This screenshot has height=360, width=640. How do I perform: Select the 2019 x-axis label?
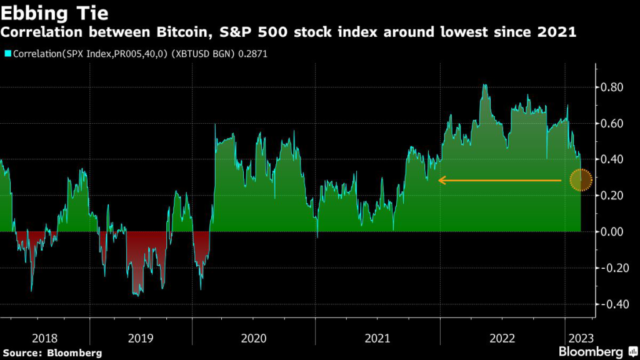tap(141, 338)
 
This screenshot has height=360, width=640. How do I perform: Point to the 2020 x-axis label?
tap(253, 338)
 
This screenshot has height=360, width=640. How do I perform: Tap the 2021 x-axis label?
tap(377, 338)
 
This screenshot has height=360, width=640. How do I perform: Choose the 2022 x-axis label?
tap(502, 338)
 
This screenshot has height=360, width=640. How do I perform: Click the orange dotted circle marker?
tap(581, 181)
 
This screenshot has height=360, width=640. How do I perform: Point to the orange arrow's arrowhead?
tap(441, 181)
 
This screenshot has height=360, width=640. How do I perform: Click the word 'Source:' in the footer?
tap(25, 353)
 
